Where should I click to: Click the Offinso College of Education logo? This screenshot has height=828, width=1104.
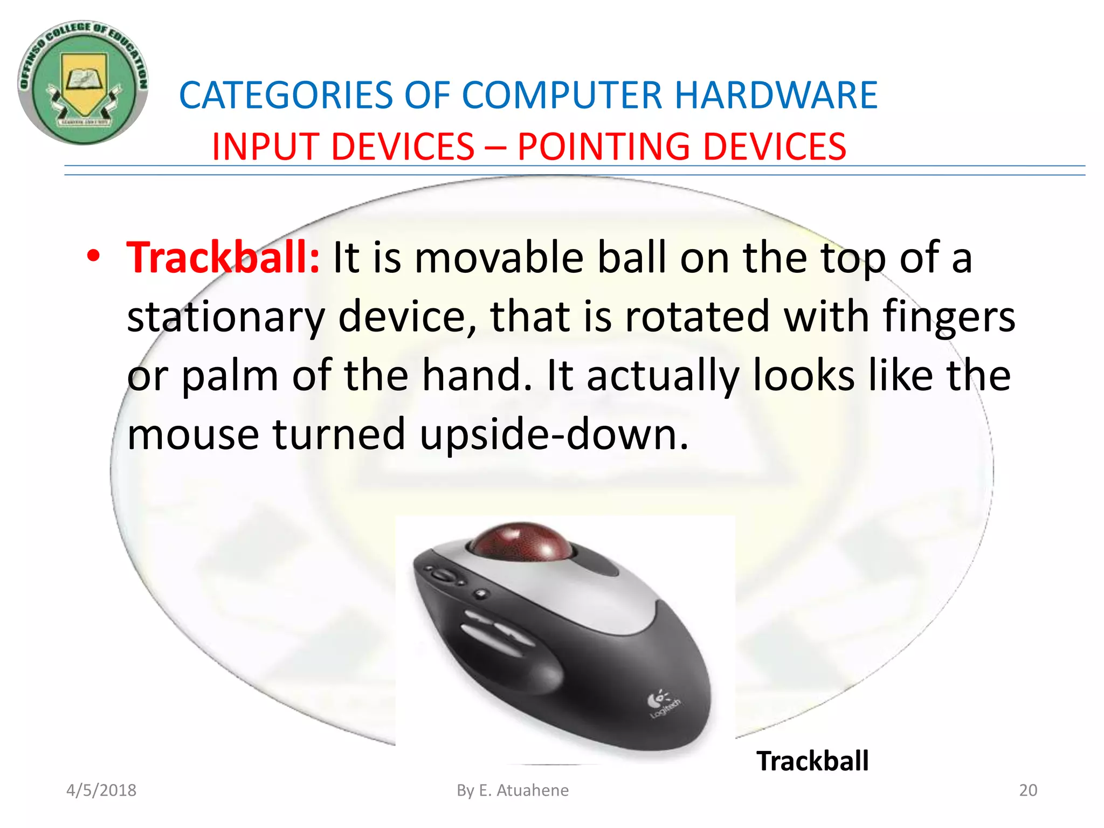83,83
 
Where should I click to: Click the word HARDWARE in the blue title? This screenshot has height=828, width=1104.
776,95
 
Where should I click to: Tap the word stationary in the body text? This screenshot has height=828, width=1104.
225,317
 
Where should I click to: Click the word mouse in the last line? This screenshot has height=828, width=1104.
192,434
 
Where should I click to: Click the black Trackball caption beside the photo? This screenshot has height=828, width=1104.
812,761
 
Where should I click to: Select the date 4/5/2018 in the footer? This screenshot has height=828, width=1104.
101,790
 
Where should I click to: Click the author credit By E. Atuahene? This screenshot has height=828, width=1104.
512,790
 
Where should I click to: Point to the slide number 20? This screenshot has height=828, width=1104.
1027,790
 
